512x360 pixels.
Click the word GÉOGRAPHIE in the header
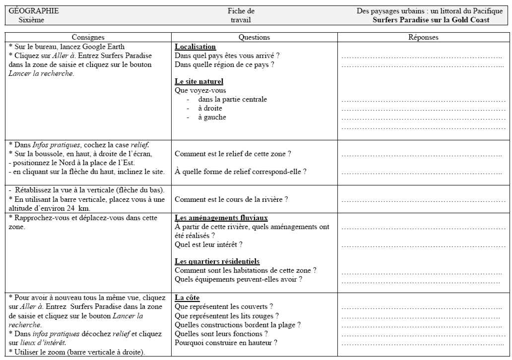[34, 11]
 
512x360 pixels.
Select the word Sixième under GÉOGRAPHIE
[31, 20]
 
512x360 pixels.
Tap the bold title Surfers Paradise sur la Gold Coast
[431, 20]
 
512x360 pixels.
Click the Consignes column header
[88, 37]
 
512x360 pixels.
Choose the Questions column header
[254, 37]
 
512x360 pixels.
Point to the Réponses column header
[423, 37]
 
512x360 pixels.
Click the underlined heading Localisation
[195, 46]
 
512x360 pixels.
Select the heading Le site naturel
[199, 81]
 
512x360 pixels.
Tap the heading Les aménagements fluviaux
[221, 218]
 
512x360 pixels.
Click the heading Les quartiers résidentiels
[217, 261]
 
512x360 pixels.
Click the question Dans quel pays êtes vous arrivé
[227, 55]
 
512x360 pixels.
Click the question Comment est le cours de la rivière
[231, 199]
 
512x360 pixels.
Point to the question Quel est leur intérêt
[208, 244]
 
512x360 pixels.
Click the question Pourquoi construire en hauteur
[226, 343]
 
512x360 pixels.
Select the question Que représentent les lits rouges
[227, 316]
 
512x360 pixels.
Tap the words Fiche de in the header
[241, 11]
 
